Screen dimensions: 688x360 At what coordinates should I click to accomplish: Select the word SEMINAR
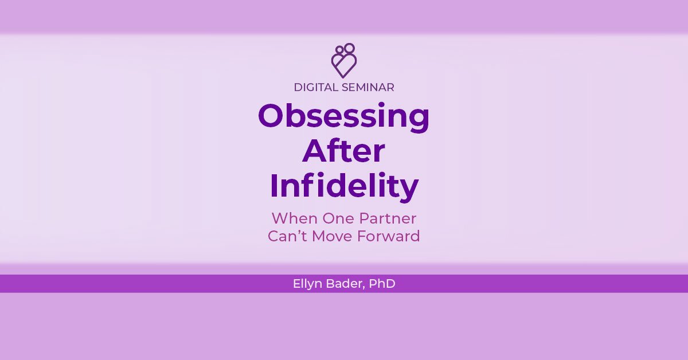[x=368, y=88]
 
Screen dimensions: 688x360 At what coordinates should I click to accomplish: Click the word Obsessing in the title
[x=343, y=118]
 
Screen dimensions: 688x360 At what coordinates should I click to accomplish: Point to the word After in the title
[x=343, y=151]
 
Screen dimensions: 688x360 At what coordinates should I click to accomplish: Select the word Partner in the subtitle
[x=388, y=218]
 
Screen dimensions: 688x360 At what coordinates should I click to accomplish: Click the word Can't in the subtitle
[x=287, y=236]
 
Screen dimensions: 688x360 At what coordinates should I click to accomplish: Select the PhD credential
[x=382, y=284]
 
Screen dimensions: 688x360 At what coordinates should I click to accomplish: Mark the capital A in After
[x=314, y=151]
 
